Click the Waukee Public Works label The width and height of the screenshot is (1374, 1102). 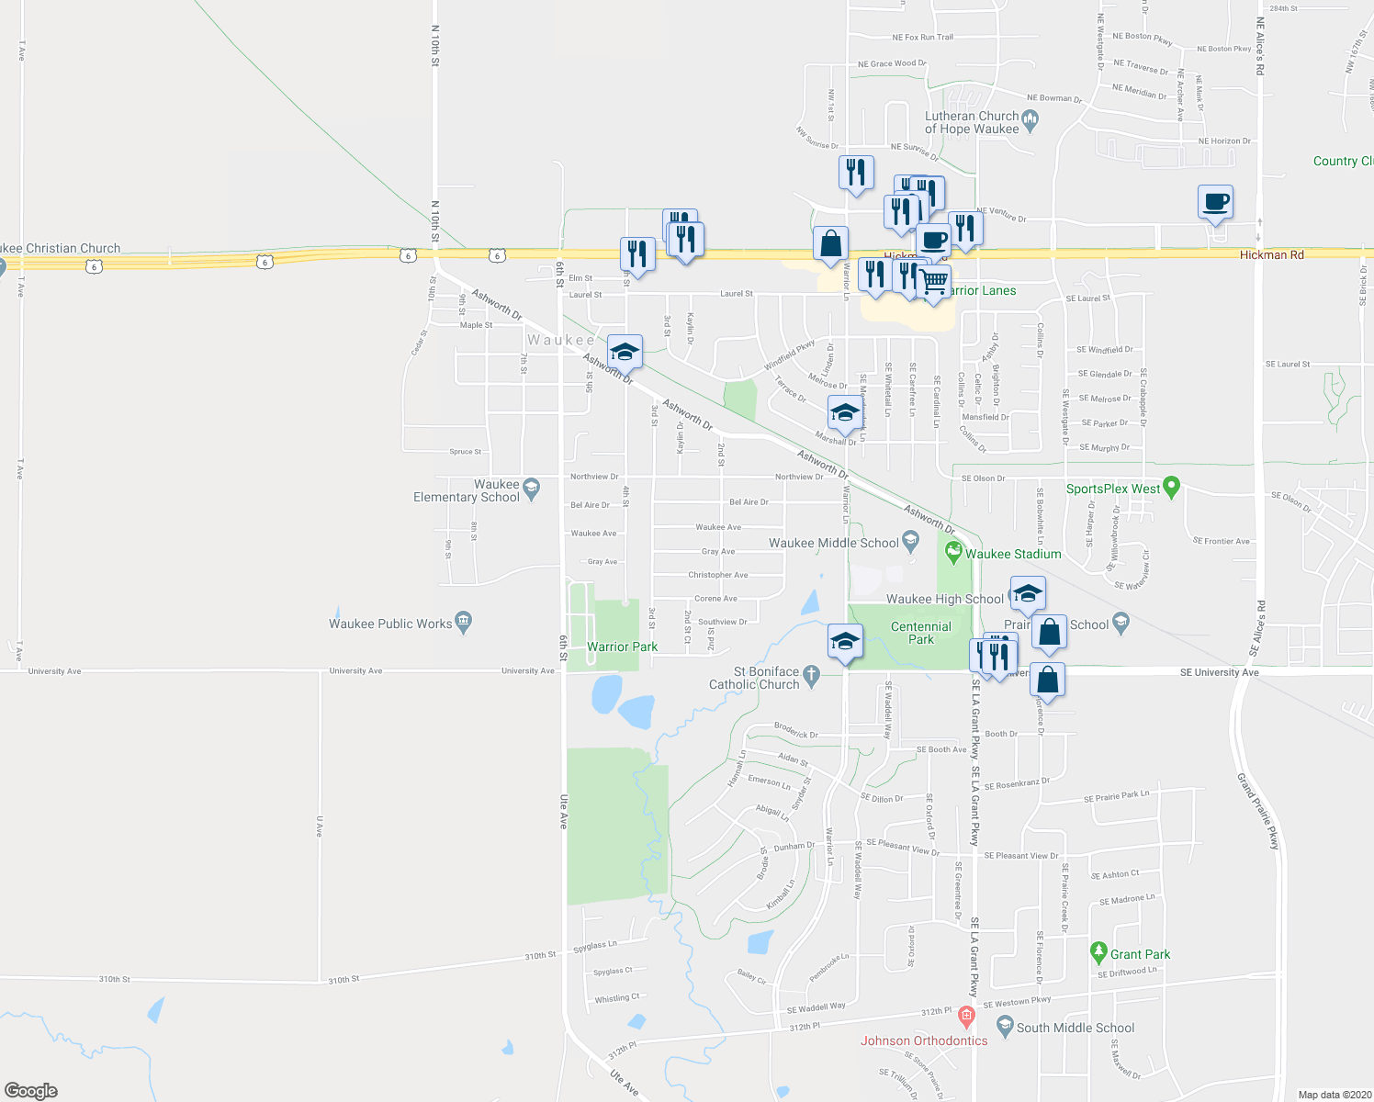point(390,624)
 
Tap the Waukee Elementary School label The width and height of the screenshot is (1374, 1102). point(467,491)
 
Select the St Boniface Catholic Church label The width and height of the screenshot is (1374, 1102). point(754,678)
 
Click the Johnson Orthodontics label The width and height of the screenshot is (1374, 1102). point(924,1040)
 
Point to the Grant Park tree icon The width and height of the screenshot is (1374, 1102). point(1098,953)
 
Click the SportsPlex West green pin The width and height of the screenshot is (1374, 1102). point(1171,487)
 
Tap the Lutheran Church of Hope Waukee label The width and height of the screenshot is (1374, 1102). point(972,122)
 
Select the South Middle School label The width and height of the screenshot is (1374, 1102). point(1076,1028)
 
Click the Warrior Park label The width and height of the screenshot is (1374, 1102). point(622,647)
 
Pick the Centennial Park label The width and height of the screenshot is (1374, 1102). point(921,633)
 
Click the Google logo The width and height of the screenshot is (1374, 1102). point(31,1090)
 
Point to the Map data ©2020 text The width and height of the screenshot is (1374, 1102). point(1333,1095)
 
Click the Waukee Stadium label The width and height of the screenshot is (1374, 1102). point(1013,554)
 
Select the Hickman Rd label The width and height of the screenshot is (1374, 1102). point(1271,254)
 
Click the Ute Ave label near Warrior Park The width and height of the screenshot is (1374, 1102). point(564,812)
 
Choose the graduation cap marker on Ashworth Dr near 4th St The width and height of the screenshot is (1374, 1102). point(624,353)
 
